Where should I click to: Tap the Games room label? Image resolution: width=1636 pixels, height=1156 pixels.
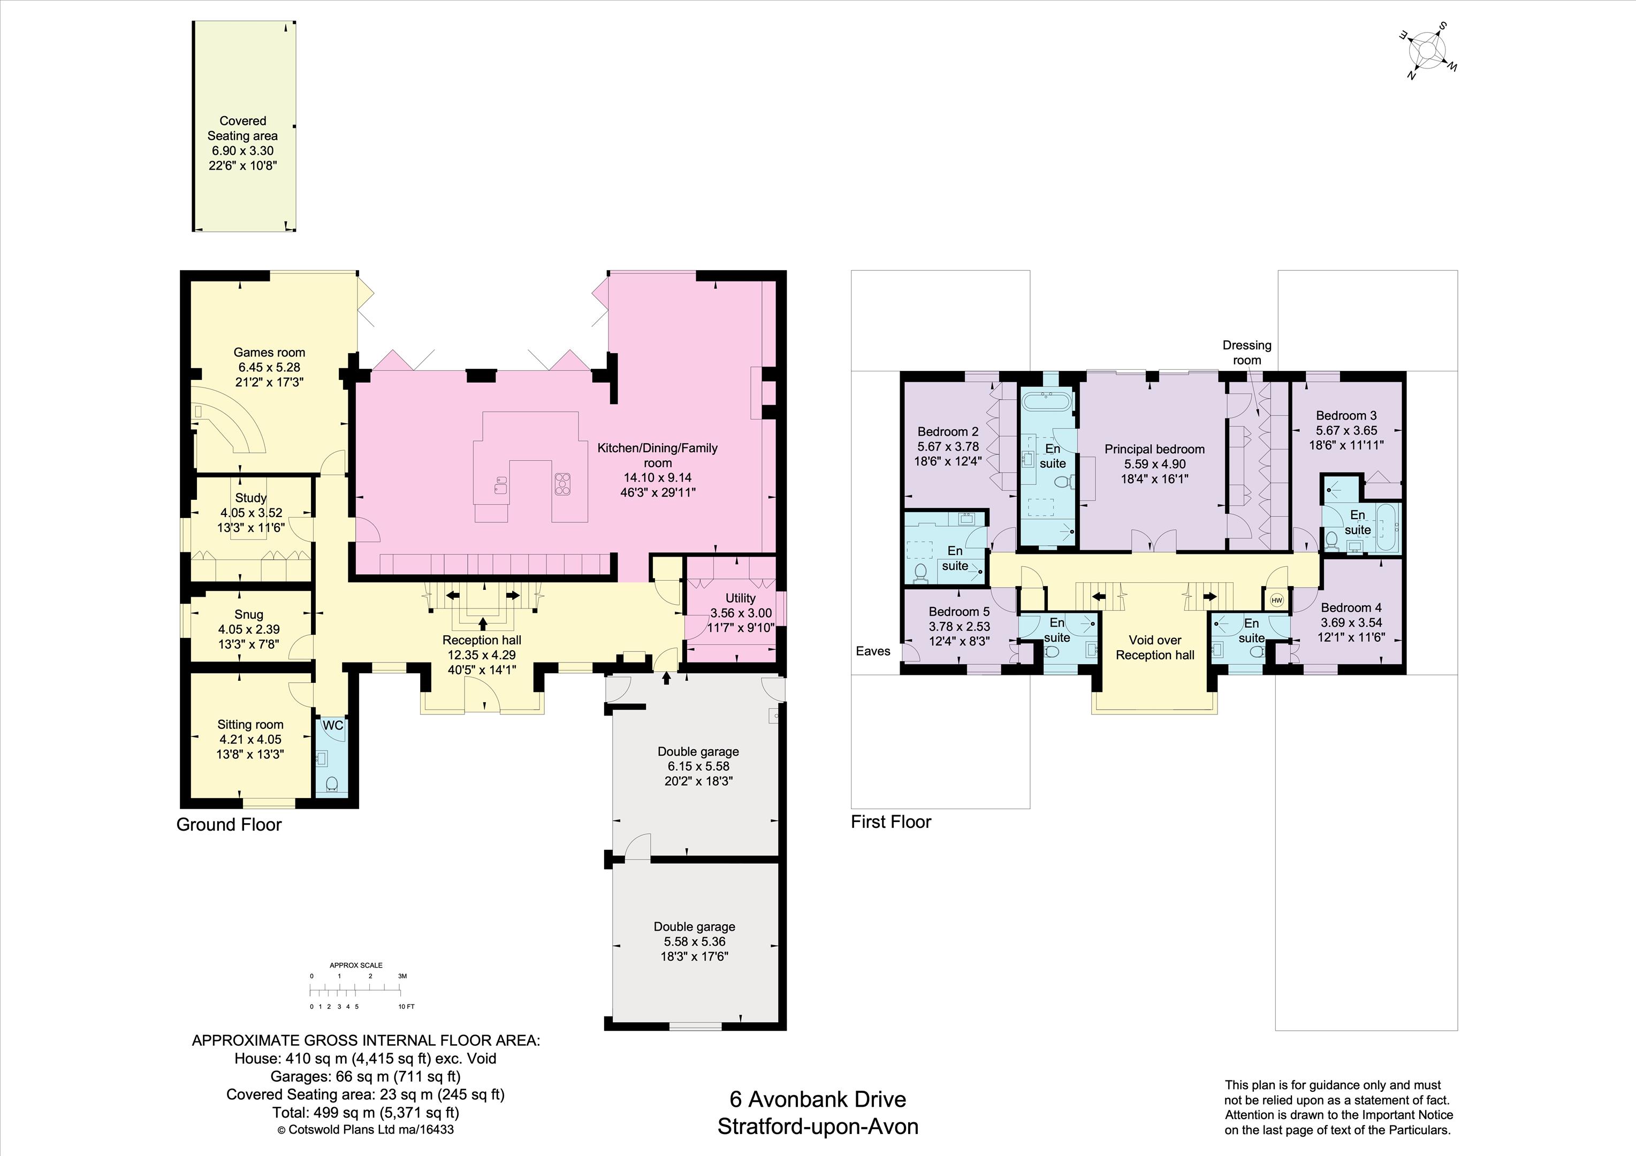pyautogui.click(x=269, y=352)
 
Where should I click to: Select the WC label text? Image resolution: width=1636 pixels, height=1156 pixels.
pyautogui.click(x=333, y=726)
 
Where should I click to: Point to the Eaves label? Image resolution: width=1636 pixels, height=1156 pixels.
pyautogui.click(x=873, y=651)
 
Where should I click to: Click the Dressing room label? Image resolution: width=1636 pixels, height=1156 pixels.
pyautogui.click(x=1247, y=353)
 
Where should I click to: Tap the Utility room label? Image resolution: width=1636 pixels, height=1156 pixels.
pyautogui.click(x=740, y=598)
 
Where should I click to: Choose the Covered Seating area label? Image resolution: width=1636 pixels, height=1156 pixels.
pyautogui.click(x=243, y=128)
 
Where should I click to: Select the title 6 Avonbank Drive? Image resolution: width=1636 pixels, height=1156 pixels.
pyautogui.click(x=817, y=1099)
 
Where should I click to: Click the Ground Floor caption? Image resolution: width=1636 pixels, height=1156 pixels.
pyautogui.click(x=229, y=825)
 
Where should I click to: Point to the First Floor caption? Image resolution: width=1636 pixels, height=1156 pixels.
pyautogui.click(x=891, y=822)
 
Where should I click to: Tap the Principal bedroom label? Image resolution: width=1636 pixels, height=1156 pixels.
pyautogui.click(x=1154, y=449)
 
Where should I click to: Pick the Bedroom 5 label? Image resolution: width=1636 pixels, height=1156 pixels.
pyautogui.click(x=959, y=612)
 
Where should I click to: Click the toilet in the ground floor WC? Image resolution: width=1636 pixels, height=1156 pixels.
pyautogui.click(x=331, y=784)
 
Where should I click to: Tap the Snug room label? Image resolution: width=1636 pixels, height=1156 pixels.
pyautogui.click(x=249, y=614)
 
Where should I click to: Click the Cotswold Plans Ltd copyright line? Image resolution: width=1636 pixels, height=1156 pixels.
pyautogui.click(x=365, y=1130)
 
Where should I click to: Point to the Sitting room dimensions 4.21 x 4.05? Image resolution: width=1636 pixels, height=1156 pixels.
pyautogui.click(x=250, y=739)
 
